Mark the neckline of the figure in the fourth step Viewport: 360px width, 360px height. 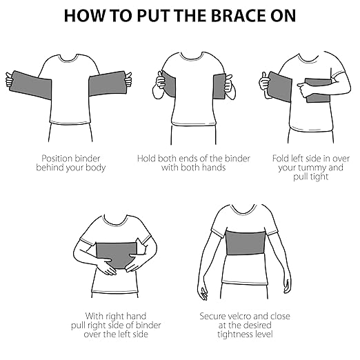point(115,221)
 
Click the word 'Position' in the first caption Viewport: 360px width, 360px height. point(57,157)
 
